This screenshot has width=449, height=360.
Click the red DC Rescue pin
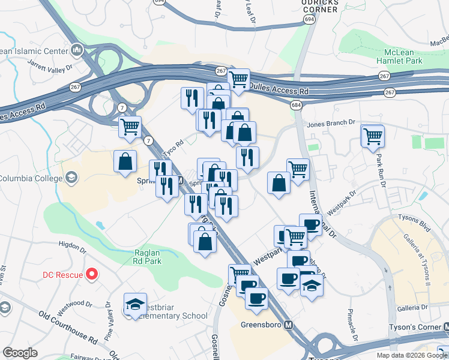(92, 275)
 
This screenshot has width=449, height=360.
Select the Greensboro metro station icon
(289, 326)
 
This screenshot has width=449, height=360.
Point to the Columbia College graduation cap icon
(71, 177)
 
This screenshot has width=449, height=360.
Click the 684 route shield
(295, 105)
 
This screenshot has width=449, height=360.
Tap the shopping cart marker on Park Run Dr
(373, 136)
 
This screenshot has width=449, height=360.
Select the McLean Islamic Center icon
(77, 49)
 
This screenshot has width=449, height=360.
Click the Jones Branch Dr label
(332, 125)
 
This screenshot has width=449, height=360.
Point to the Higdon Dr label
(73, 244)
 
